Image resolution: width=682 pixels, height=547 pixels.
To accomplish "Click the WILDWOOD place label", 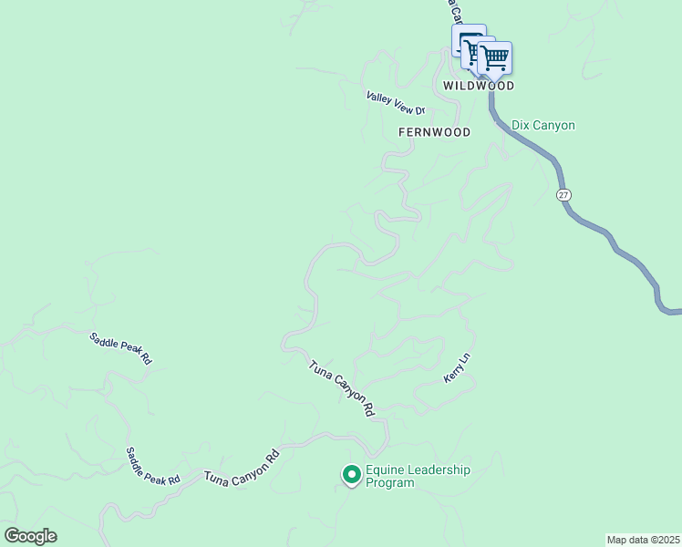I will pos(479,86).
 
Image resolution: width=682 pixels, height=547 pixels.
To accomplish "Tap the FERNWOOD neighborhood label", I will pos(435,132).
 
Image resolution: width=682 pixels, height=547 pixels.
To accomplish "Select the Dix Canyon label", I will pos(543,125).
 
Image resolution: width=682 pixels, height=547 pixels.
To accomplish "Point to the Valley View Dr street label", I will pos(396,103).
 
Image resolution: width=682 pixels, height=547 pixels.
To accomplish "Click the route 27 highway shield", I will pos(564,195).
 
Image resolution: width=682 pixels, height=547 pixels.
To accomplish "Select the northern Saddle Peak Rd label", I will pos(120,349).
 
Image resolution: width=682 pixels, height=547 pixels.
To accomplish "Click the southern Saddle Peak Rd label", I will pos(152,466).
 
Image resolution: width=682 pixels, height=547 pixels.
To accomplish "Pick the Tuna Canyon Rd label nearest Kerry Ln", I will pos(342,389).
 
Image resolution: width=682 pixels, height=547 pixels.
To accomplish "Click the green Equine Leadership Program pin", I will pos(350,474).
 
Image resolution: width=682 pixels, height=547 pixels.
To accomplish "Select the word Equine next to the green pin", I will pos(384,470).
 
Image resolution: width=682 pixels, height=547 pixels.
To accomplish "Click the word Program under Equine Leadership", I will pos(389,483).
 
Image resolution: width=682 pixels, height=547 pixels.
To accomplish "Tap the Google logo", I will pos(30,536).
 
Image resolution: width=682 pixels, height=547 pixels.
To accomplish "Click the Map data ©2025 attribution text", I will pos(644,539).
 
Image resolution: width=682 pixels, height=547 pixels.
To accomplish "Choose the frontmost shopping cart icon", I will pos(495,57).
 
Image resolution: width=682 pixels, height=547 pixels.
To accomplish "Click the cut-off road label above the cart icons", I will pos(449,11).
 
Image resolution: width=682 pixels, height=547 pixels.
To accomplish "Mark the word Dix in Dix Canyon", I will pos(521,125).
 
